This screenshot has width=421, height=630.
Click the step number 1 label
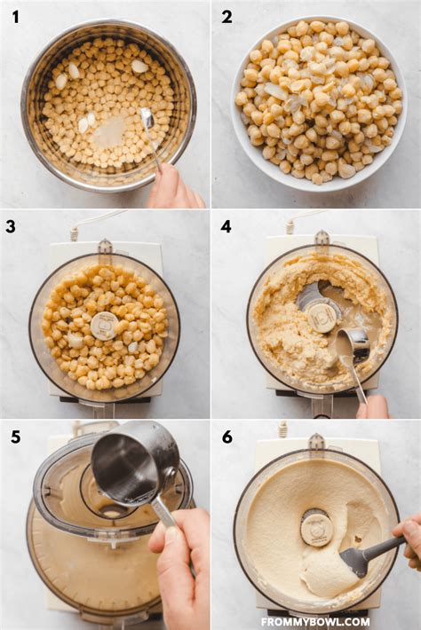15,16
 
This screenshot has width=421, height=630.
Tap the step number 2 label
226,16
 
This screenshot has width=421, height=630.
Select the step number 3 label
11,226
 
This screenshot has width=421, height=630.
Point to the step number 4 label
226,226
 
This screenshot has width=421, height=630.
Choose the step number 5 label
15,437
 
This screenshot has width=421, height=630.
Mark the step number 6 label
226,437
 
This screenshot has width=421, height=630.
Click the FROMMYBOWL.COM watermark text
314,621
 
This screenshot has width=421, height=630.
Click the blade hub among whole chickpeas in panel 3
104,325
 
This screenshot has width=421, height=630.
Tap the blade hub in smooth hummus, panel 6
316,527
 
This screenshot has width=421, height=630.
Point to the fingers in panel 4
373,407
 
